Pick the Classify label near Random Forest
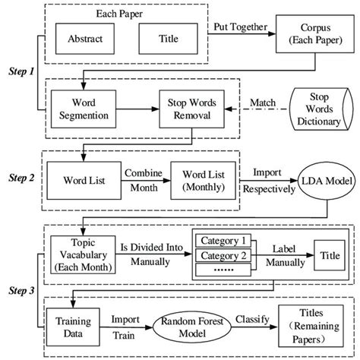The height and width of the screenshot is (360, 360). pos(258,319)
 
